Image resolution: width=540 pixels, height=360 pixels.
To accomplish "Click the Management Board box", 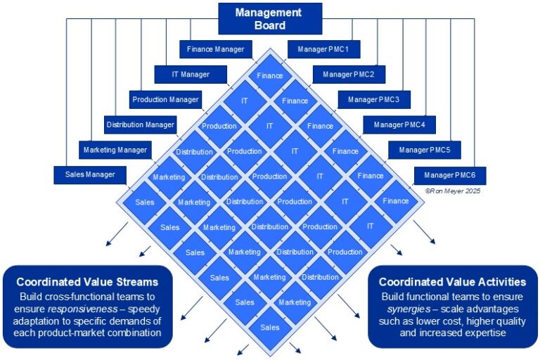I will click(x=269, y=18).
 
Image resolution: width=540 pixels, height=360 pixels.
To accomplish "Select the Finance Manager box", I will click(x=215, y=49).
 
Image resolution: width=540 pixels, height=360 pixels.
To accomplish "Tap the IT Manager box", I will click(x=191, y=75).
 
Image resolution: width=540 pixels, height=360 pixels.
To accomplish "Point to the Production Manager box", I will click(x=166, y=100).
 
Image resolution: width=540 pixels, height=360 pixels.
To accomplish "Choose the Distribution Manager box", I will click(x=140, y=125).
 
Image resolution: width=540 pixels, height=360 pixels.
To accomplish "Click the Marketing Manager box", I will click(x=115, y=150).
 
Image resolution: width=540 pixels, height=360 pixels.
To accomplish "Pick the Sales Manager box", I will click(x=90, y=175).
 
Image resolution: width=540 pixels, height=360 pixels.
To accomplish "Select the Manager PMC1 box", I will click(x=323, y=49).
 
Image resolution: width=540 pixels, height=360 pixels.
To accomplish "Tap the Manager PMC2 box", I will click(x=349, y=75).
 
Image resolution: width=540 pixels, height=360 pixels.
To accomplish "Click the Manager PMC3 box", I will click(x=374, y=100).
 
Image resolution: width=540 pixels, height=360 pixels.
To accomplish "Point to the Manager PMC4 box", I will click(x=399, y=125).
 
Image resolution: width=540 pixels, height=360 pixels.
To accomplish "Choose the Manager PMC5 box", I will click(x=424, y=150).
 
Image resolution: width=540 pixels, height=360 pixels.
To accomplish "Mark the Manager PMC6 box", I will click(x=449, y=175).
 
